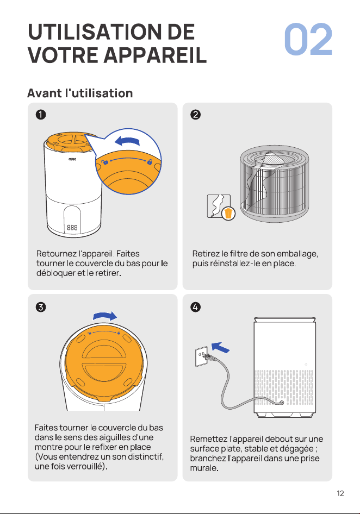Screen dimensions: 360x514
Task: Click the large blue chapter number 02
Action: point(308,39)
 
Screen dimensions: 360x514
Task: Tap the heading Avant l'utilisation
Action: point(80,93)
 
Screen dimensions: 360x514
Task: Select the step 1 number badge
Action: point(41,115)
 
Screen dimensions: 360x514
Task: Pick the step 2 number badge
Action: point(196,115)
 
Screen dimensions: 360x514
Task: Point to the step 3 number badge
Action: point(41,307)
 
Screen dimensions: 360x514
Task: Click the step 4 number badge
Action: point(196,307)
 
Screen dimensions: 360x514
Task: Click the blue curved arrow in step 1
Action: point(127,141)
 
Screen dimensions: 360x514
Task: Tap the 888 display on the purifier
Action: point(72,227)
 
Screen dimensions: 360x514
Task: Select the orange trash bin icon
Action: point(228,213)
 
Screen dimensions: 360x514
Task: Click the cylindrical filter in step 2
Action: point(274,184)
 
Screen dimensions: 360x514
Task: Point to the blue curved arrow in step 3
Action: point(105,316)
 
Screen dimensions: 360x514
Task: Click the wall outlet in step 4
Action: point(201,356)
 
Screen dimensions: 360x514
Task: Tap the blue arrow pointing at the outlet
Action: point(221,348)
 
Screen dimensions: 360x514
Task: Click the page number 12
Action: point(340,493)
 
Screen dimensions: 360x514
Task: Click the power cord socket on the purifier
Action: point(281,402)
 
